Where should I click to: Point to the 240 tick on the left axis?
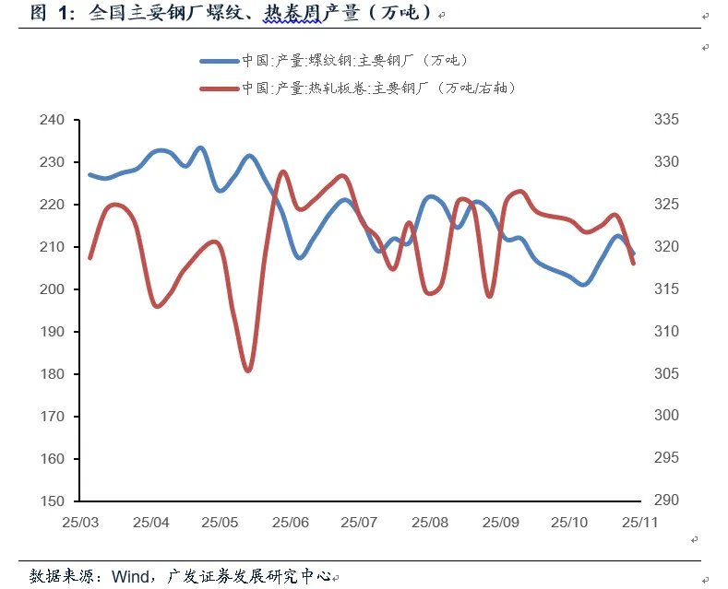click(53, 120)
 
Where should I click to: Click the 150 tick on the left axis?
click(53, 501)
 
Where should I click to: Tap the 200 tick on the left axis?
click(53, 289)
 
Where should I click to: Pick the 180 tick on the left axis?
click(53, 374)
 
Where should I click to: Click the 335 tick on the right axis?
click(666, 120)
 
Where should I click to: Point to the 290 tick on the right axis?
click(666, 501)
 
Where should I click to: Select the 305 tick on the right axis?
click(666, 374)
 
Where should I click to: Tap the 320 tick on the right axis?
click(666, 247)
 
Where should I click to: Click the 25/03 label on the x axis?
click(81, 522)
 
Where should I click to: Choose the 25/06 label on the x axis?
click(291, 522)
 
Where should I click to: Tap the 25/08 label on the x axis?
click(430, 522)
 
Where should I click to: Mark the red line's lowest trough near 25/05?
click(248, 371)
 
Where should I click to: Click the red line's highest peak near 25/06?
click(282, 172)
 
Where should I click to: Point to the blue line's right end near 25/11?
click(633, 253)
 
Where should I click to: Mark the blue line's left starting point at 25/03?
click(90, 174)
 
